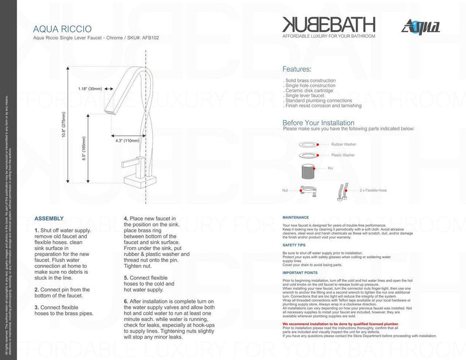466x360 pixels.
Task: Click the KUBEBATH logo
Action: click(329, 24)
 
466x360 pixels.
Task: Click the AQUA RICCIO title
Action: click(62, 28)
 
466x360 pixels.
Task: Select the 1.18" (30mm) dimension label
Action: click(90, 89)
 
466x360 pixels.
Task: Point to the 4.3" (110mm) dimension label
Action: click(127, 140)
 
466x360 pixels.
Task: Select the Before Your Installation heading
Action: click(318, 123)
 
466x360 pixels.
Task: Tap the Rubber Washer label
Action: click(343, 144)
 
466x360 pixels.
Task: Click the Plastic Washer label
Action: click(343, 156)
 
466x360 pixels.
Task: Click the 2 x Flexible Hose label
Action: click(374, 190)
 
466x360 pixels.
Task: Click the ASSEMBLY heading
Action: click(49, 218)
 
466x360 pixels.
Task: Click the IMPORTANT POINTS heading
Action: click(299, 273)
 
